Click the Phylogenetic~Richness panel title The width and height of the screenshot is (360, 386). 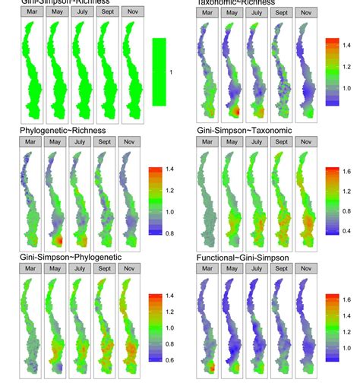[68, 131]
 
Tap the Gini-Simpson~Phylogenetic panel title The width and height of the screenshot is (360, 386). [71, 258]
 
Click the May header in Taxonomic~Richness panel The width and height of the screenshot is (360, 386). [232, 14]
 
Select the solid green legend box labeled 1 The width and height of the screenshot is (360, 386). [159, 71]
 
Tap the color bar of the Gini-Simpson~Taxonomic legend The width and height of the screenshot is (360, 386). [330, 201]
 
